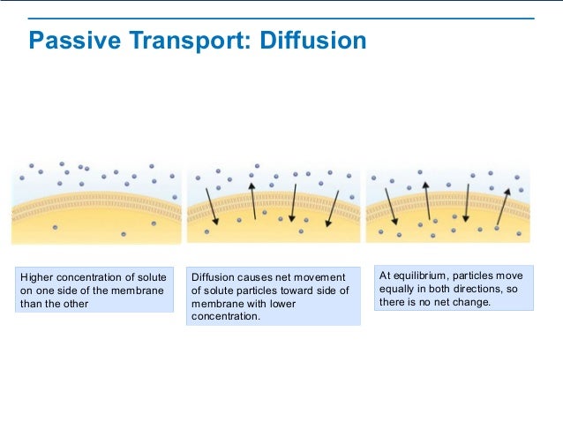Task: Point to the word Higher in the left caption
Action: point(36,277)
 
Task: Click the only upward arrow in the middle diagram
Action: point(252,200)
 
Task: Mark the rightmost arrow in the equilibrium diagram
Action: point(504,205)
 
